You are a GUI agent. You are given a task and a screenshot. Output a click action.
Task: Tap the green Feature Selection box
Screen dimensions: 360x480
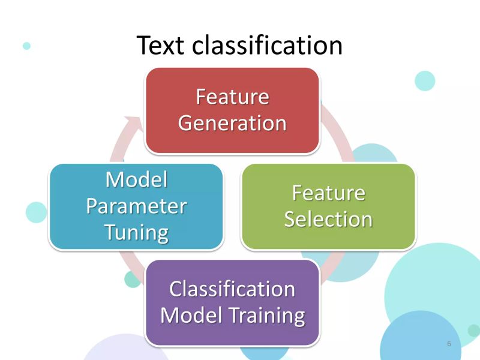328,237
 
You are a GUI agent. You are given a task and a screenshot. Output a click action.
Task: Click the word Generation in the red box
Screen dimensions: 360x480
232,122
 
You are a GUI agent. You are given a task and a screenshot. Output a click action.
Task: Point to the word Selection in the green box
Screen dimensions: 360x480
328,219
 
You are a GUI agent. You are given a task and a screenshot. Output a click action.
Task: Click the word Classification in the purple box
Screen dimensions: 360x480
232,289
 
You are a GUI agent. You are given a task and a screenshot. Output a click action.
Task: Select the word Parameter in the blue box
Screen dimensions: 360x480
136,206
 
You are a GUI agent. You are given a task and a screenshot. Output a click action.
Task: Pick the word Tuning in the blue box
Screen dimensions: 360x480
136,232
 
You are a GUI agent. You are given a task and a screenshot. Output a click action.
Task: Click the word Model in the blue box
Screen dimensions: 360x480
136,179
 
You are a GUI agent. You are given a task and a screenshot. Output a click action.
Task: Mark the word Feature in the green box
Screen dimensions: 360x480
328,193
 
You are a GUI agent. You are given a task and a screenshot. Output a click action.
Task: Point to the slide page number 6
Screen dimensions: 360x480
449,344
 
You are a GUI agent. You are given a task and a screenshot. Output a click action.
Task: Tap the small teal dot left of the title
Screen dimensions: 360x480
26,45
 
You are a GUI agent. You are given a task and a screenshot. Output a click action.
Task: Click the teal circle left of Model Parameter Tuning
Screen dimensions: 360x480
36,212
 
